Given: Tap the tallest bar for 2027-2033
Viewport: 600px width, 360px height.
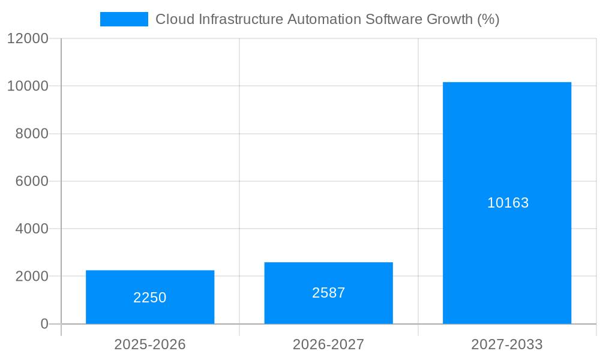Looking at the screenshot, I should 507,150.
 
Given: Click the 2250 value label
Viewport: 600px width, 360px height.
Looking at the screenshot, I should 150,298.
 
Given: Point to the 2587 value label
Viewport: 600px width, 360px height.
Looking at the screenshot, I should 328,293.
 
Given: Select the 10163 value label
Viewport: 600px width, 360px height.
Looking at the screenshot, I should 508,203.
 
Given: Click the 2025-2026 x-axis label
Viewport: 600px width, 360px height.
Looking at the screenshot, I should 150,344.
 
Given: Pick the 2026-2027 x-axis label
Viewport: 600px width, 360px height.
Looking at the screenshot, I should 328,344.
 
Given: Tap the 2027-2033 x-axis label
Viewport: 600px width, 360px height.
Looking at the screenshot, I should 507,344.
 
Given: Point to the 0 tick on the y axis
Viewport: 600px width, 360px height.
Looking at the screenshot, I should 44,324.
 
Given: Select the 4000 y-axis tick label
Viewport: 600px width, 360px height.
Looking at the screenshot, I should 31,229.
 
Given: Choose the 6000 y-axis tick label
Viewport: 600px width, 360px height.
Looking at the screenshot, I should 31,181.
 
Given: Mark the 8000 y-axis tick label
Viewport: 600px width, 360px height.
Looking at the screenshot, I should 31,134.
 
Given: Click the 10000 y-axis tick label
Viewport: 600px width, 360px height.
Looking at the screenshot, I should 28,86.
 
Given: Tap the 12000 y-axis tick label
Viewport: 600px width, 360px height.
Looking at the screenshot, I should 28,38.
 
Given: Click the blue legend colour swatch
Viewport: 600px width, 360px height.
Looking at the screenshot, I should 124,19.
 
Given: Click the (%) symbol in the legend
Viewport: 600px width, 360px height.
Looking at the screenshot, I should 488,19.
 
